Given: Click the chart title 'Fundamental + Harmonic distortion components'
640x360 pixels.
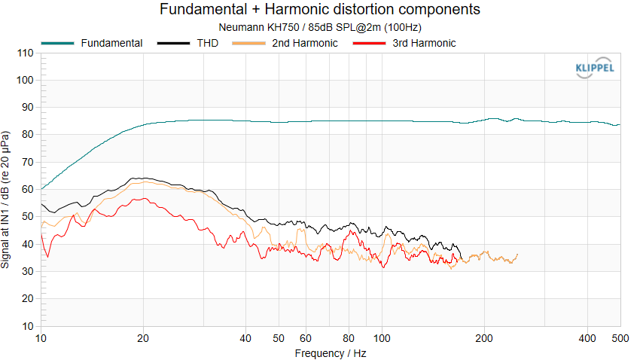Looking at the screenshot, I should coord(320,10).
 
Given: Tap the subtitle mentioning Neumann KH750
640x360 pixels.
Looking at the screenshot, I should coord(320,27).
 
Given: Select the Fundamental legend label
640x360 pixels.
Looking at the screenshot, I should coord(111,43).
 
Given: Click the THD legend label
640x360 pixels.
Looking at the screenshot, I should coord(208,43).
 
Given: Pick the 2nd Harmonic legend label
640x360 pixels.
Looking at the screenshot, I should coord(305,43).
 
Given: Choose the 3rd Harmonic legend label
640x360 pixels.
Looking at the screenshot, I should coord(424,43).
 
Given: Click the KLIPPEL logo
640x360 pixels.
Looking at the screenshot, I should coord(594,69).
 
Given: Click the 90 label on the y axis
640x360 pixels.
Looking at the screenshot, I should coord(27,108).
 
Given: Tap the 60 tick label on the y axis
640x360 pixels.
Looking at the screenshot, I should coord(27,190).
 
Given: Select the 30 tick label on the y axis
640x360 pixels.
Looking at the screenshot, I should coord(27,272).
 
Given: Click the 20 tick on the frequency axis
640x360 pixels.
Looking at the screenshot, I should coord(143,338).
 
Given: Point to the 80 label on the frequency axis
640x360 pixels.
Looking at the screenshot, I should coord(349,338).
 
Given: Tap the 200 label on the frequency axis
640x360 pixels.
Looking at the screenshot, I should coord(484,338).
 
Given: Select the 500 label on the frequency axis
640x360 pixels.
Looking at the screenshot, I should coord(620,338).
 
